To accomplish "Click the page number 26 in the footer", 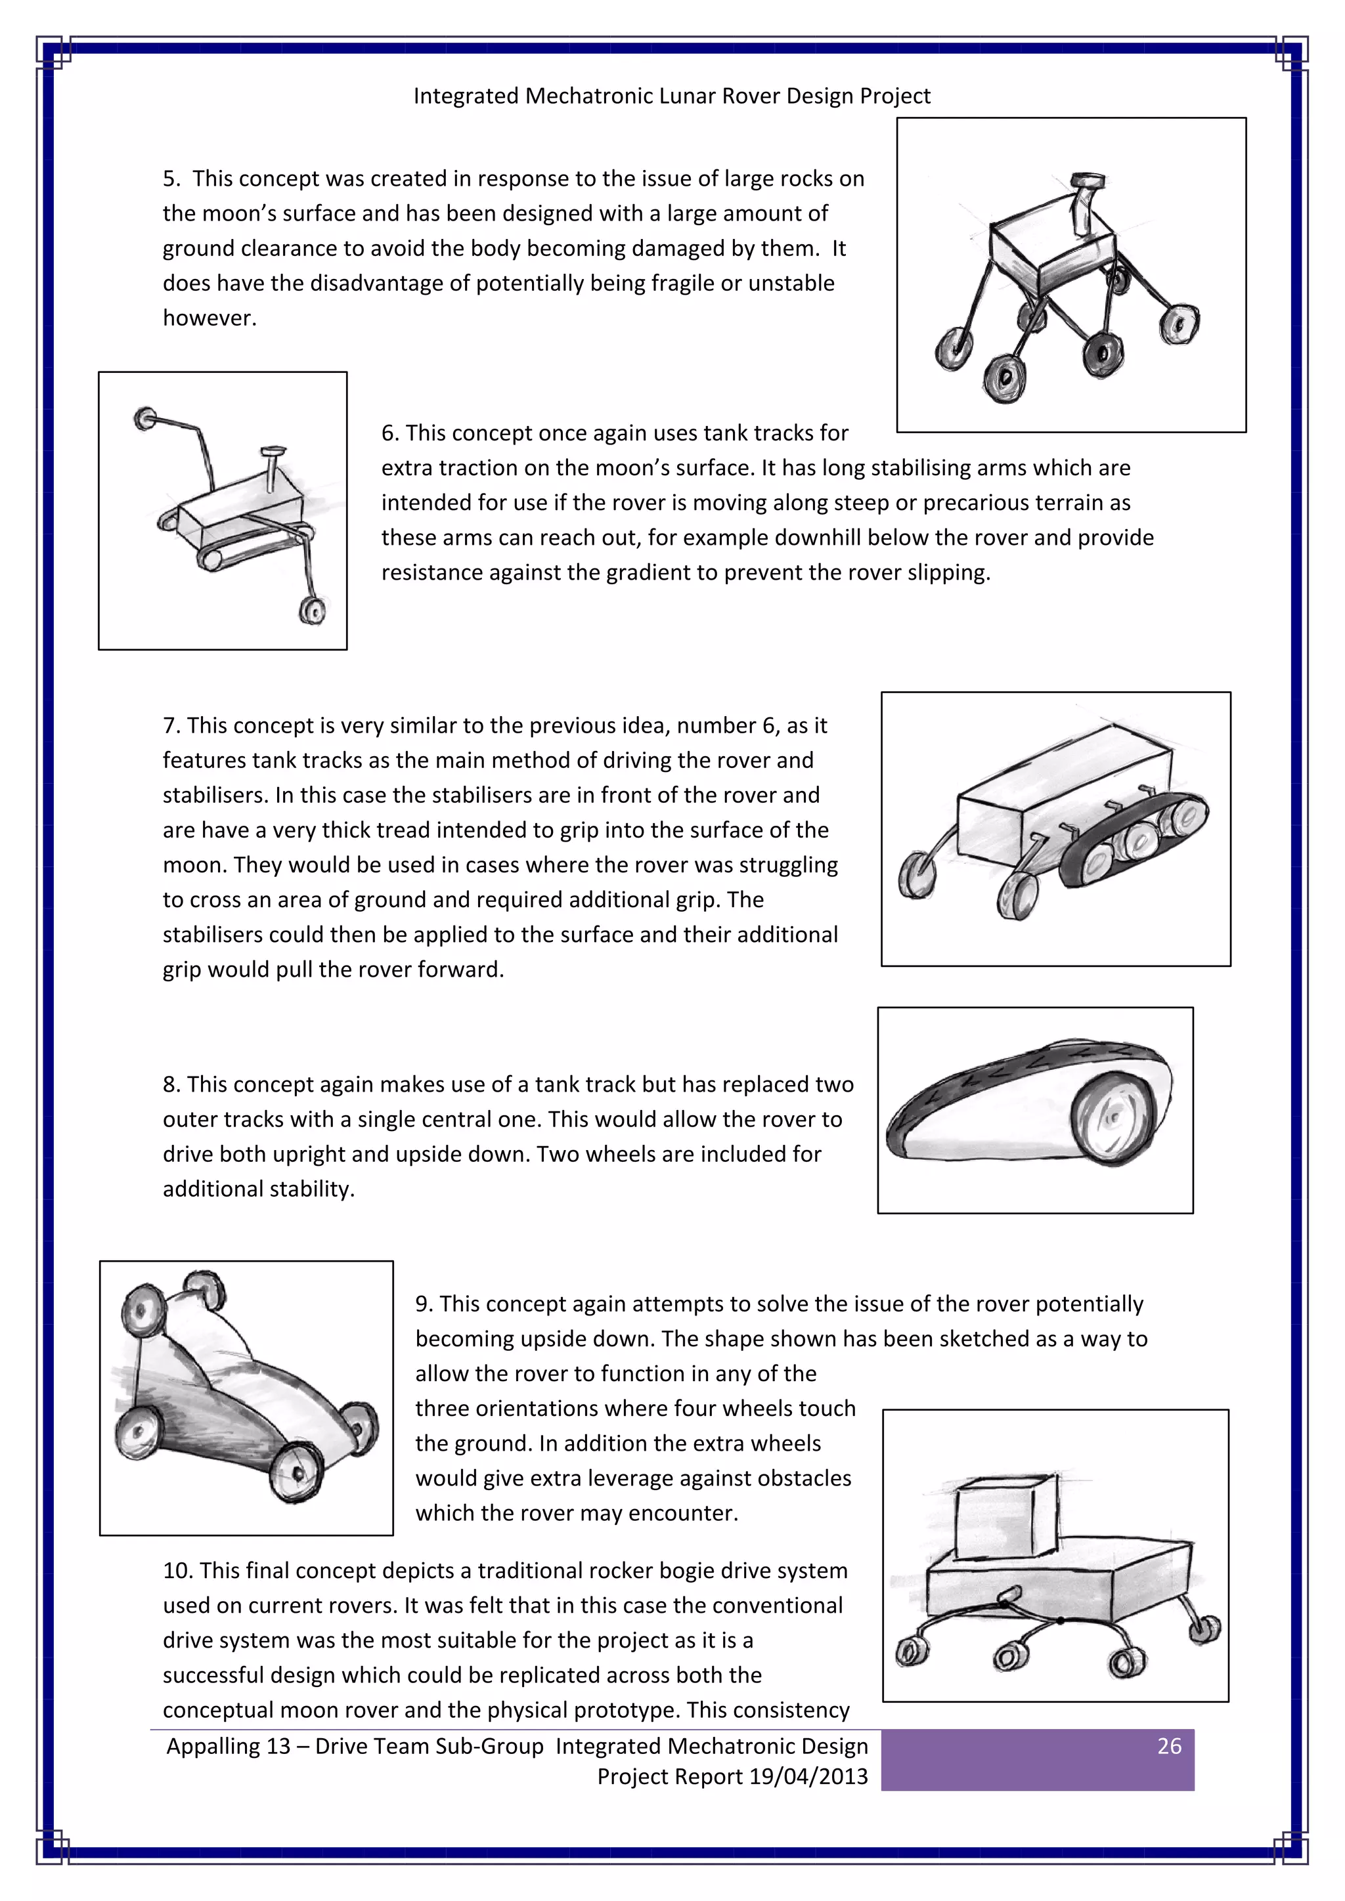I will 1168,1746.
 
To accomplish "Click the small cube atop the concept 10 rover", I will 1005,1518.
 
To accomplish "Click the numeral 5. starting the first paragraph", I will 171,179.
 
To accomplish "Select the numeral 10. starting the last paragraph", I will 177,1571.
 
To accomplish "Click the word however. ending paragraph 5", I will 209,318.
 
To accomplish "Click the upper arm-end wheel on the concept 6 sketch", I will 146,418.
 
